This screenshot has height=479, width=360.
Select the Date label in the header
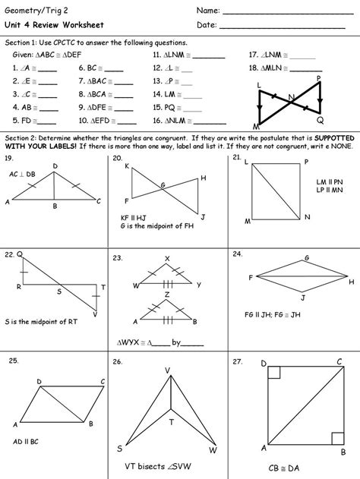[207, 26]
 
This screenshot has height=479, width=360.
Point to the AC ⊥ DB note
[23, 174]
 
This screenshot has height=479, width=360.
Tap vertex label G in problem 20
[162, 184]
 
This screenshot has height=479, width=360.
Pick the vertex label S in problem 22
[60, 291]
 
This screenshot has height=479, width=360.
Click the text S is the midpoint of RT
[37, 321]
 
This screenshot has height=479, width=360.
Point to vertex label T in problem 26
[171, 421]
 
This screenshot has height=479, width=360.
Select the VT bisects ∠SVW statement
[157, 465]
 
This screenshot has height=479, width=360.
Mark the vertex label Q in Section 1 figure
[320, 120]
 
